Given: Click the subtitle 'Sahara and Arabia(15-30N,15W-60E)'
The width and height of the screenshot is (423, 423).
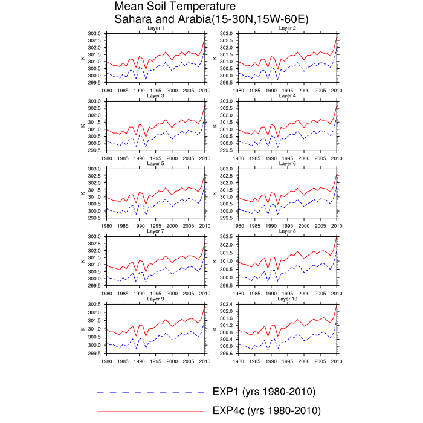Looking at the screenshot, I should point(211,19).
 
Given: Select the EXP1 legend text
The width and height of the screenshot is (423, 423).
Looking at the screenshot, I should point(264,392).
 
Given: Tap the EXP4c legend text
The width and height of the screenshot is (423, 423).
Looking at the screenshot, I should point(266,411).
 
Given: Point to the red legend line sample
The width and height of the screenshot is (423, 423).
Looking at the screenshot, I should point(151,411).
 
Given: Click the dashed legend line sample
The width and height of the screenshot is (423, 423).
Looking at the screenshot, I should point(151,392).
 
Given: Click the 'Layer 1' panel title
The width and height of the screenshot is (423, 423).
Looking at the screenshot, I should point(155,28).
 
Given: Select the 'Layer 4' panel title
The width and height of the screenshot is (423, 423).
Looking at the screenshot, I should point(288,96).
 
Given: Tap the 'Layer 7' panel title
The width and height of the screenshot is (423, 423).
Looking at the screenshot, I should point(155,231).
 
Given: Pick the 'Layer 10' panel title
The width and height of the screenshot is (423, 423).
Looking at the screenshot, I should point(288,299).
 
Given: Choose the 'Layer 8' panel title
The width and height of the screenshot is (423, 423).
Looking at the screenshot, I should point(288,231).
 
